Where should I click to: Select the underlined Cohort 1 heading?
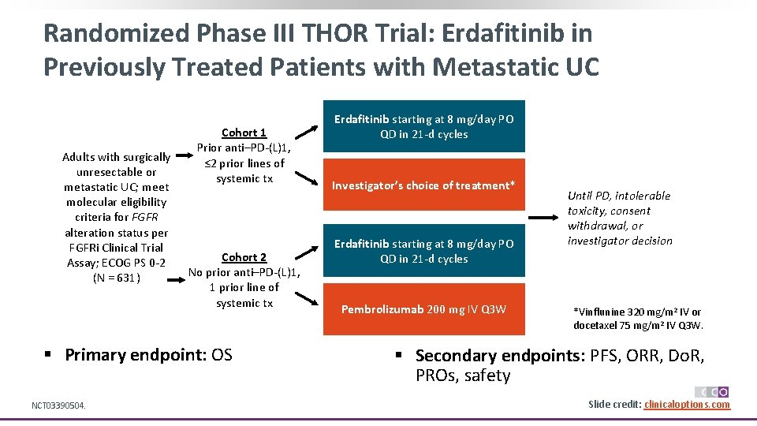244,133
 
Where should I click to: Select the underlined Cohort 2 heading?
244,257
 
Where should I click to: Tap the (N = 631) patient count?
116,278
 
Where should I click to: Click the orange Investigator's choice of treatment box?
423,185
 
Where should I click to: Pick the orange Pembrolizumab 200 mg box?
423,309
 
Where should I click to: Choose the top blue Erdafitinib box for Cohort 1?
423,126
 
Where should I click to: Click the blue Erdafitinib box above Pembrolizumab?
423,251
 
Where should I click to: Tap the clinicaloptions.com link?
687,405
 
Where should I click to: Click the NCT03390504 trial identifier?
58,405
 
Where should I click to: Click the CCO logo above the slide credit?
711,391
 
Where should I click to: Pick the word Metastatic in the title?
487,67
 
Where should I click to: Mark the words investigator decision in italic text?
620,241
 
